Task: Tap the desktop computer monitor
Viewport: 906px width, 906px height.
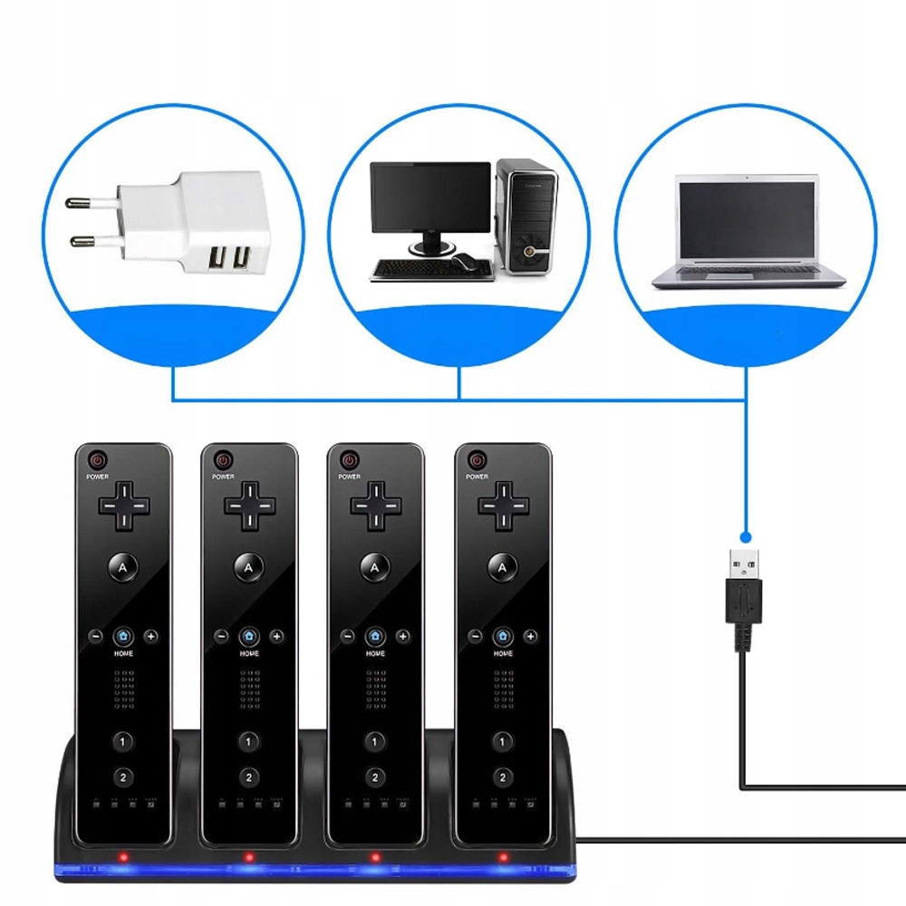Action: click(430, 199)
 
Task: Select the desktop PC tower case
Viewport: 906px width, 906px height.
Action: click(526, 217)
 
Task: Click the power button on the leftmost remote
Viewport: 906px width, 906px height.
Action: click(99, 460)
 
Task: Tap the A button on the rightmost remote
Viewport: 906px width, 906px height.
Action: click(502, 567)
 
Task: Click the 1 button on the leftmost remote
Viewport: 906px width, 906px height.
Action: click(123, 741)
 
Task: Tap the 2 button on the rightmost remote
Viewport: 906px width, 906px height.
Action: click(502, 777)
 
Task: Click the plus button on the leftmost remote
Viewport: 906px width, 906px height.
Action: click(151, 636)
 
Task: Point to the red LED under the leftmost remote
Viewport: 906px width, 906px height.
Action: click(121, 856)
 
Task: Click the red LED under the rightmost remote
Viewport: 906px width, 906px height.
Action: click(504, 856)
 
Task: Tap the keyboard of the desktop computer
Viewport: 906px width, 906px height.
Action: click(407, 268)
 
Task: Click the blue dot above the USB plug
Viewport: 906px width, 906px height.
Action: click(745, 535)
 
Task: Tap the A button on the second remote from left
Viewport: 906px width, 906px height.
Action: click(249, 567)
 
